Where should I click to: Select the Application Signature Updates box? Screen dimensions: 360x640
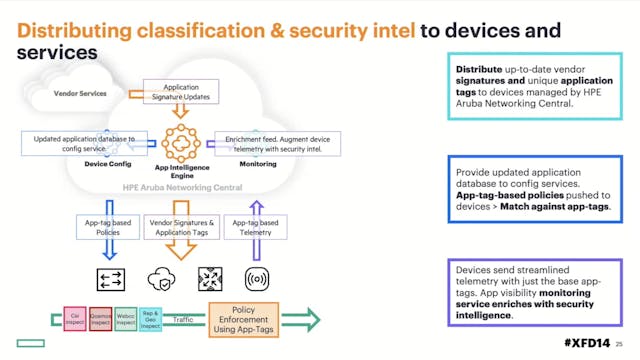[x=181, y=93]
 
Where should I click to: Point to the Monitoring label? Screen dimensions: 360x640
[x=257, y=165]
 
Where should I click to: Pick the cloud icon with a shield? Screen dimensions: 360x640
[x=161, y=277]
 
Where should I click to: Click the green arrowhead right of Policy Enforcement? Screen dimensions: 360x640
[x=311, y=320]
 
